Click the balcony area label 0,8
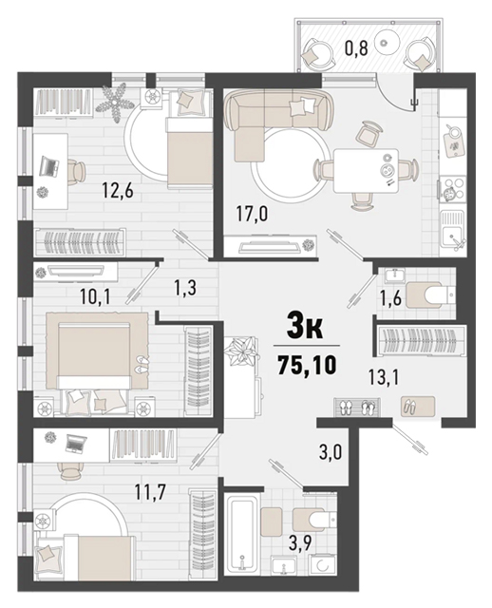click(356, 48)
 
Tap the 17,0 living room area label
click(252, 214)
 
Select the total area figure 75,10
click(307, 365)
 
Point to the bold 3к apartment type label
click(305, 326)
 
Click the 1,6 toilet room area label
click(389, 299)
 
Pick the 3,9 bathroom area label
click(300, 542)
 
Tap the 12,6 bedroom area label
click(118, 190)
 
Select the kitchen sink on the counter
click(452, 230)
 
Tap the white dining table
click(366, 171)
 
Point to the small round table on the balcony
click(385, 43)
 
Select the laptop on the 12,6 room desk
click(49, 167)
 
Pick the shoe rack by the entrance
click(359, 407)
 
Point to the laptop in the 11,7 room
click(76, 444)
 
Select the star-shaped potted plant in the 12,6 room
click(115, 103)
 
